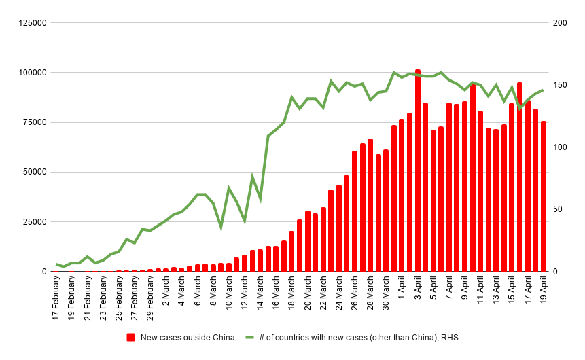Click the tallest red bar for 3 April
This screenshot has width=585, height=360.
pos(418,170)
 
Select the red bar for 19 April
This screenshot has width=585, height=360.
pos(544,196)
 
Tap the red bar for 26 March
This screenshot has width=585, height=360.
pos(355,211)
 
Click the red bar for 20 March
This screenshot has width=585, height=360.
pos(308,241)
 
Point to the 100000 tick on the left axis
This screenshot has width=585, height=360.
pos(32,73)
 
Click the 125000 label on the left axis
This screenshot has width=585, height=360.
pos(32,23)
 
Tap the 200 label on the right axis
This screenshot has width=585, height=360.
pos(560,23)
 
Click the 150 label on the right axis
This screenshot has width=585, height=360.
pos(560,85)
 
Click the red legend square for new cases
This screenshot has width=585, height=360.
pos(131,338)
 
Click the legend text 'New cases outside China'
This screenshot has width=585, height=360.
pos(188,338)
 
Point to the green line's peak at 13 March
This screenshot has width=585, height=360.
pos(253,177)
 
